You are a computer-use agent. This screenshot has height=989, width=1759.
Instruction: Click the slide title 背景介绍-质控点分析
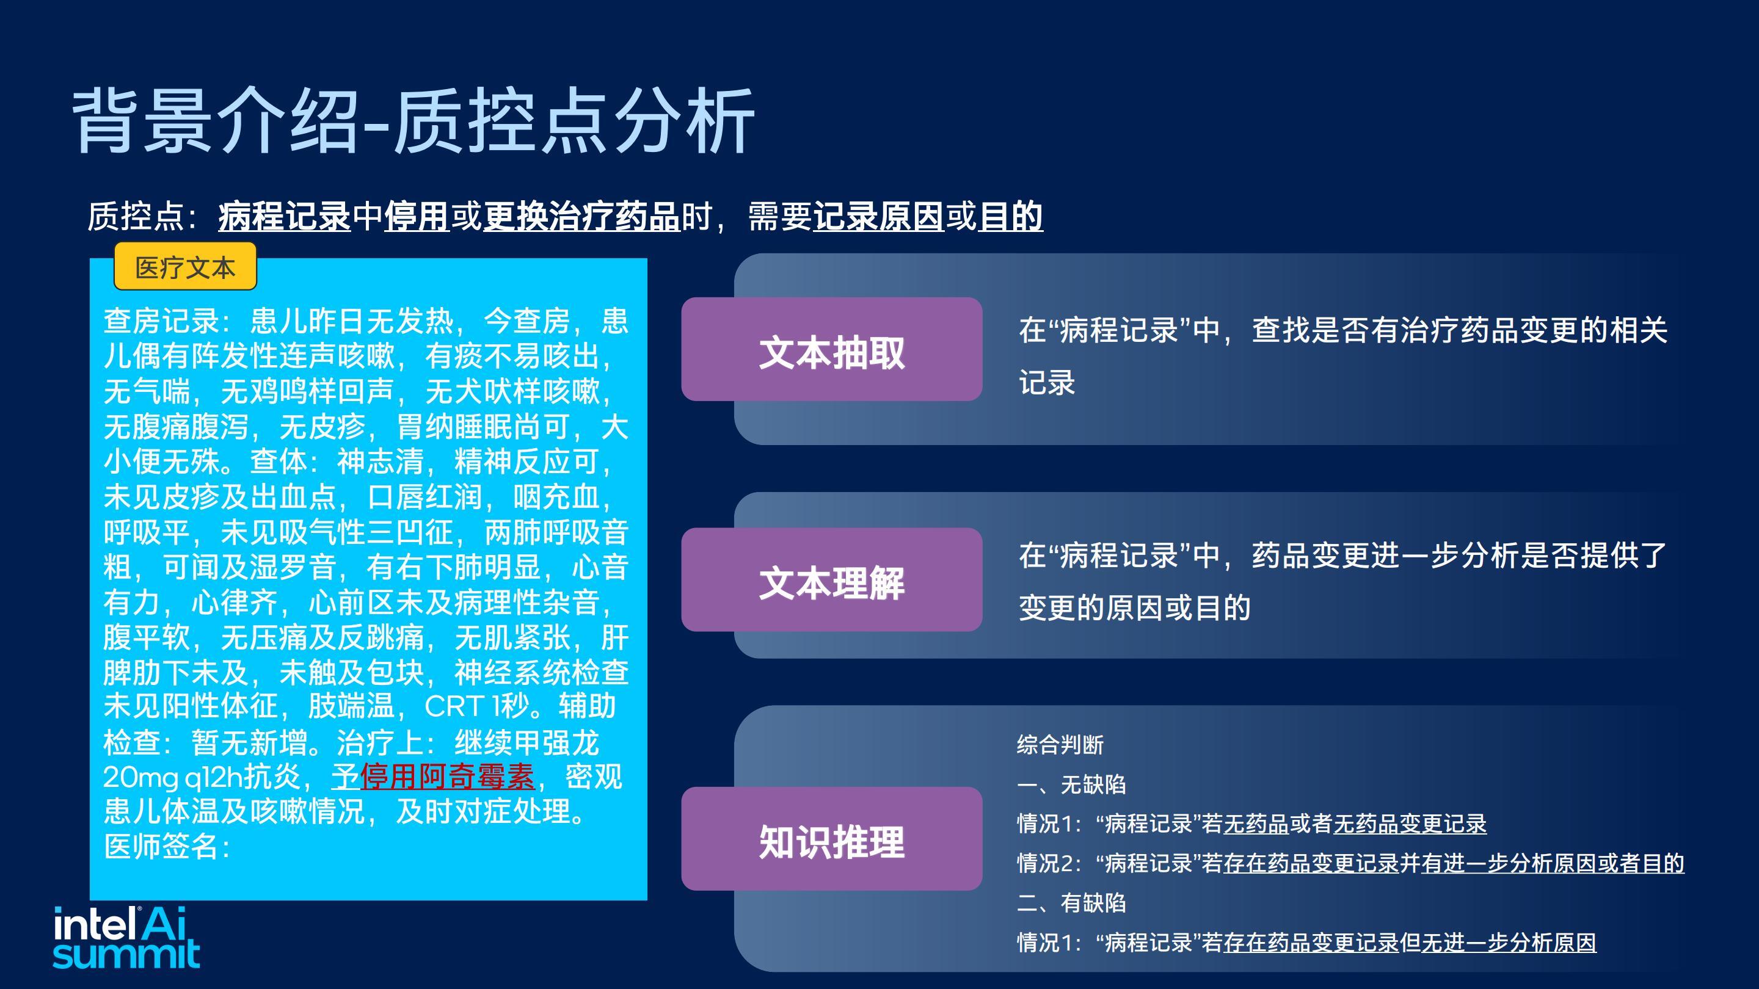tap(413, 121)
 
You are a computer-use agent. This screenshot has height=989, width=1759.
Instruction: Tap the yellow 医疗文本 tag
tap(185, 267)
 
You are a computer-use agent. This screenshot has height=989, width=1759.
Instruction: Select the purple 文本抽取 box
tap(832, 349)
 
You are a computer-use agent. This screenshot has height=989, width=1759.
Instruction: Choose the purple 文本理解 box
tap(832, 579)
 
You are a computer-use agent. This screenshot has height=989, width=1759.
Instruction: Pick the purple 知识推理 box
tap(832, 839)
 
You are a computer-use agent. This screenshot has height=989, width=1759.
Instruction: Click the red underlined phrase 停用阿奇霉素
tap(446, 776)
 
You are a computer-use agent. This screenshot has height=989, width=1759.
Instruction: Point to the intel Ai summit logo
tap(126, 937)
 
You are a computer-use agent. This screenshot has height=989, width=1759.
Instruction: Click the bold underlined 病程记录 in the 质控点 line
tap(284, 216)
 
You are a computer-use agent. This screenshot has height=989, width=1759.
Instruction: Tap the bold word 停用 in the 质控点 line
tap(417, 216)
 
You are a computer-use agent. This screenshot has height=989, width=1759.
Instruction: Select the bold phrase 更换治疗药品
tap(581, 216)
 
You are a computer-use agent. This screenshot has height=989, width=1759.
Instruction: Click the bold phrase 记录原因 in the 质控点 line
tap(878, 216)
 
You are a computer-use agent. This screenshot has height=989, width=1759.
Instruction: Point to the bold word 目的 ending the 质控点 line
tap(1011, 216)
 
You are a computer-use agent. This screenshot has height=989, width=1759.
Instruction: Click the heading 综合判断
tap(1060, 745)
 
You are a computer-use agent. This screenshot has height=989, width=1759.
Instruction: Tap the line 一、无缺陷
tap(1071, 784)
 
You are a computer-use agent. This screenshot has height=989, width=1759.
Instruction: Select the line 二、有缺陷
tap(1071, 903)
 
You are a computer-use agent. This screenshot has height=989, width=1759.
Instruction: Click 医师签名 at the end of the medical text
tap(161, 846)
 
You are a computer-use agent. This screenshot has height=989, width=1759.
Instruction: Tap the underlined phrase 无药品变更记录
tap(1410, 824)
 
